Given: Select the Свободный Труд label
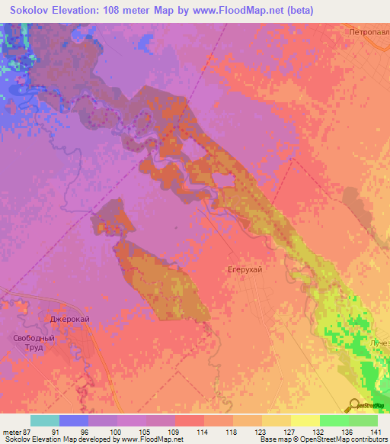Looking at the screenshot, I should pos(34,343).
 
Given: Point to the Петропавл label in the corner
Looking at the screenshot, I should pos(369,33).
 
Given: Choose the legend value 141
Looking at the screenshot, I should pos(377,432).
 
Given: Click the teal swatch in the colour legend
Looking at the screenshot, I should pos(44,420).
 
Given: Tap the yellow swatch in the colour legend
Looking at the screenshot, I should pos(305,420).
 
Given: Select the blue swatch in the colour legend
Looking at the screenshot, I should pos(73,420).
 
